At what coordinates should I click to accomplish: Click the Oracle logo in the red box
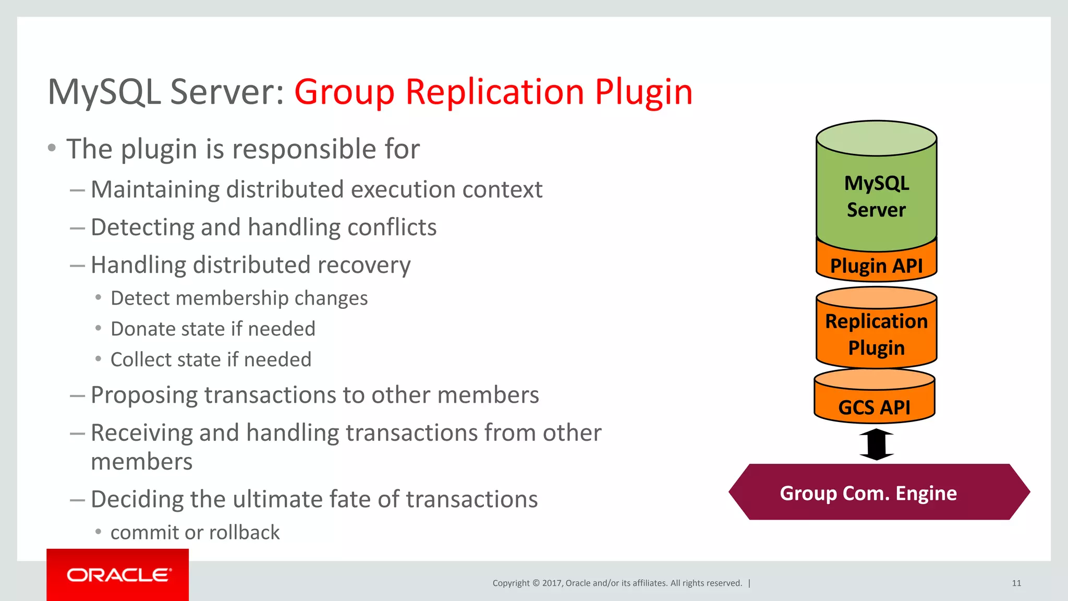click(x=118, y=575)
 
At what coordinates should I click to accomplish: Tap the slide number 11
click(x=1016, y=583)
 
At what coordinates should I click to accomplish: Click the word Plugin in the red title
click(x=644, y=93)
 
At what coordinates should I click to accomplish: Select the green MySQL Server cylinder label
click(x=876, y=196)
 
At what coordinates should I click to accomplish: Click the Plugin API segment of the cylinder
click(x=876, y=266)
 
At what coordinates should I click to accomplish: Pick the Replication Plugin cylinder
click(x=876, y=334)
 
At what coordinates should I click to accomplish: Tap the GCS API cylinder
click(x=874, y=407)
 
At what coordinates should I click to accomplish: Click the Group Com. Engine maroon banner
click(x=868, y=493)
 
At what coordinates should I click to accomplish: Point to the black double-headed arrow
click(x=877, y=444)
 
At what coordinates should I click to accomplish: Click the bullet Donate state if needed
click(x=213, y=329)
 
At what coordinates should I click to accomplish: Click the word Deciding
click(x=137, y=499)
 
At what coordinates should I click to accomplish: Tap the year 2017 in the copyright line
click(x=552, y=583)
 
